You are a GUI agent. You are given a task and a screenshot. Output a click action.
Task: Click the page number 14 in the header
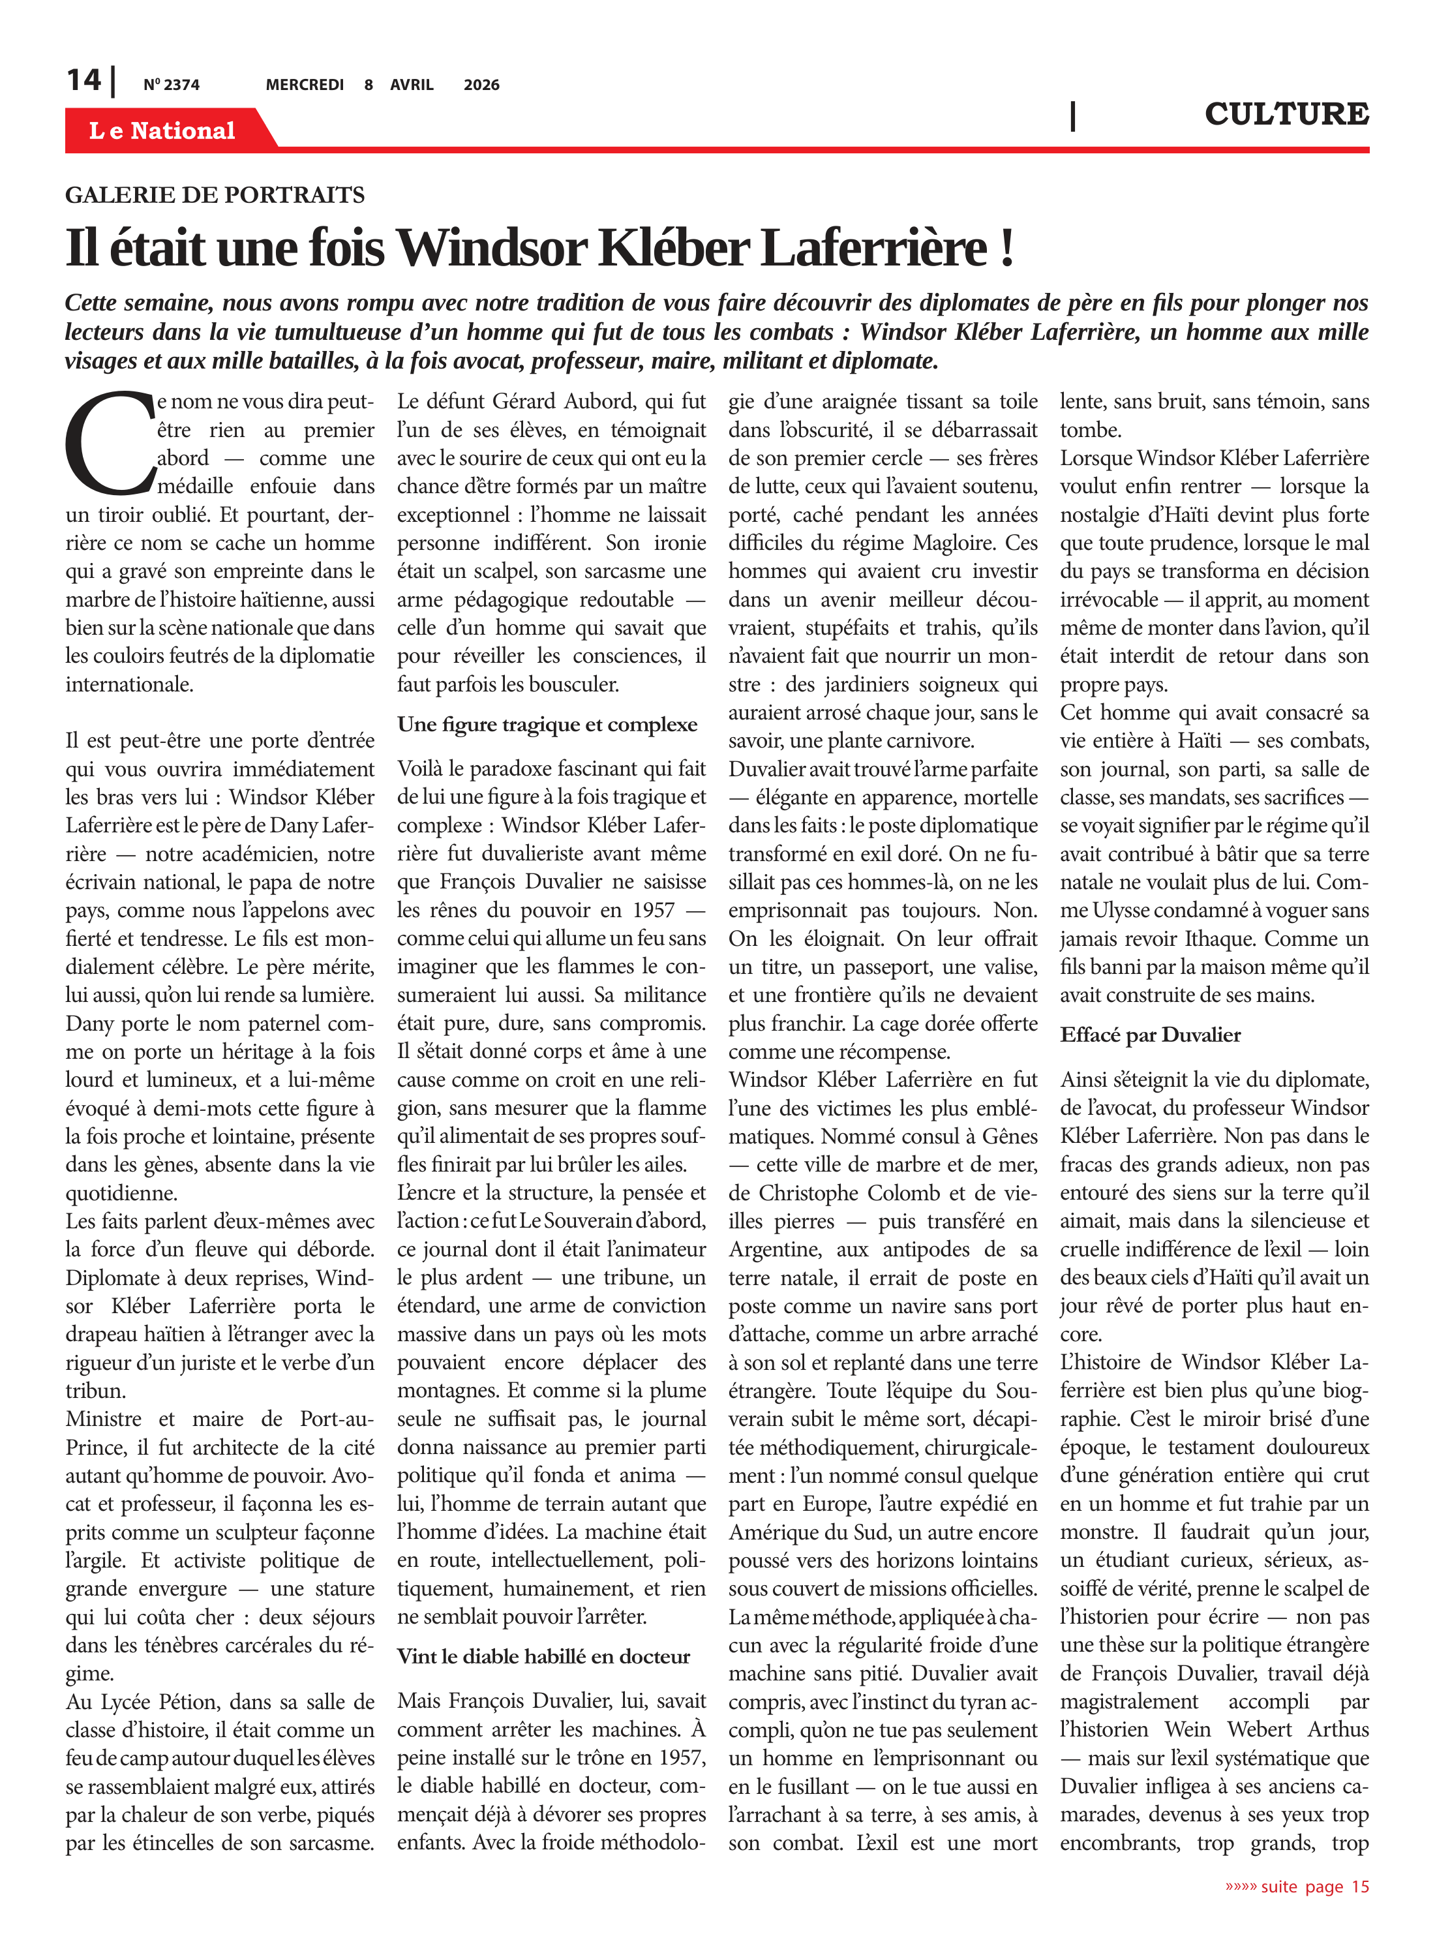tap(83, 80)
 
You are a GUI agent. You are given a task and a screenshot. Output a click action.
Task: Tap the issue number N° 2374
tap(171, 85)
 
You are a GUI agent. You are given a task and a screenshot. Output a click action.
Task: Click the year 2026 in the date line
tap(481, 85)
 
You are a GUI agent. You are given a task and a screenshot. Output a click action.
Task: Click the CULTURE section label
tap(1286, 114)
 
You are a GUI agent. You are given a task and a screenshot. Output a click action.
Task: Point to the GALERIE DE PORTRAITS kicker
tap(215, 194)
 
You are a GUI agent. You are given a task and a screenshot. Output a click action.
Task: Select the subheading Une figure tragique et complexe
tap(547, 725)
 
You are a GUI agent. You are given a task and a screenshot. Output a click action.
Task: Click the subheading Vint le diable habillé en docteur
tap(543, 1656)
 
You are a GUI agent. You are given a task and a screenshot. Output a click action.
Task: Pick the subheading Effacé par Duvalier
tap(1150, 1035)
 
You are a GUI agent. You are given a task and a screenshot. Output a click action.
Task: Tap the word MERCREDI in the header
tap(304, 85)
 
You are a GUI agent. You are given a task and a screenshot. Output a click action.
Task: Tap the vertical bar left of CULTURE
tap(1073, 115)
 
